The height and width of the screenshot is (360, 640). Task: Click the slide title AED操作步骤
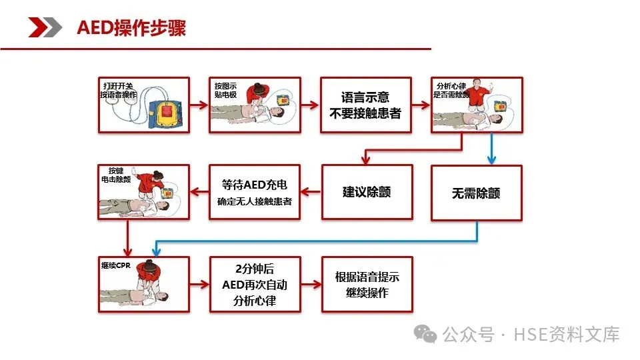pyautogui.click(x=131, y=28)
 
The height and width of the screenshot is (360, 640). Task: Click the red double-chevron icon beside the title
pyautogui.click(x=45, y=28)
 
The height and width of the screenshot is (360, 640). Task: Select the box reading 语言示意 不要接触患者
pyautogui.click(x=365, y=105)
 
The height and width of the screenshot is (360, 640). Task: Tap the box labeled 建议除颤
pyautogui.click(x=367, y=192)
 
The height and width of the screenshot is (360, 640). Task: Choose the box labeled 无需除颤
pyautogui.click(x=476, y=193)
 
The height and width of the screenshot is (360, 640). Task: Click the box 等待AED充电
pyautogui.click(x=254, y=192)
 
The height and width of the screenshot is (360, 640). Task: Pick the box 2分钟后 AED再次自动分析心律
pyautogui.click(x=254, y=284)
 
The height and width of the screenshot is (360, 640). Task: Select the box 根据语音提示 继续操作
pyautogui.click(x=367, y=284)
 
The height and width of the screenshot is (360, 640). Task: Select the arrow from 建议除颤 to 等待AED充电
pyautogui.click(x=311, y=192)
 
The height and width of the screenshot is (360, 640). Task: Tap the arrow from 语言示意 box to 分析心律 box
pyautogui.click(x=421, y=105)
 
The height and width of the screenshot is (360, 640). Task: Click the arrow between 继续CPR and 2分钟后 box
pyautogui.click(x=199, y=284)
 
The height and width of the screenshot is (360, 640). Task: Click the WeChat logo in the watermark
pyautogui.click(x=425, y=333)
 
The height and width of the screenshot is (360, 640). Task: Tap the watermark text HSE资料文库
pyautogui.click(x=567, y=334)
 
